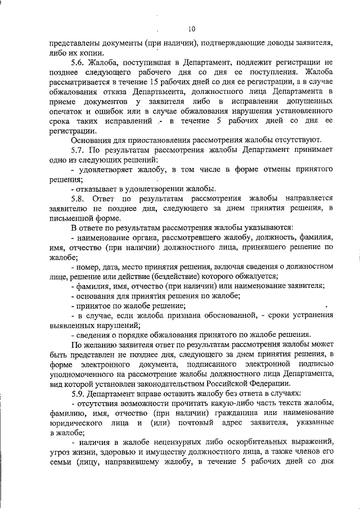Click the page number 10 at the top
[192, 29]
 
